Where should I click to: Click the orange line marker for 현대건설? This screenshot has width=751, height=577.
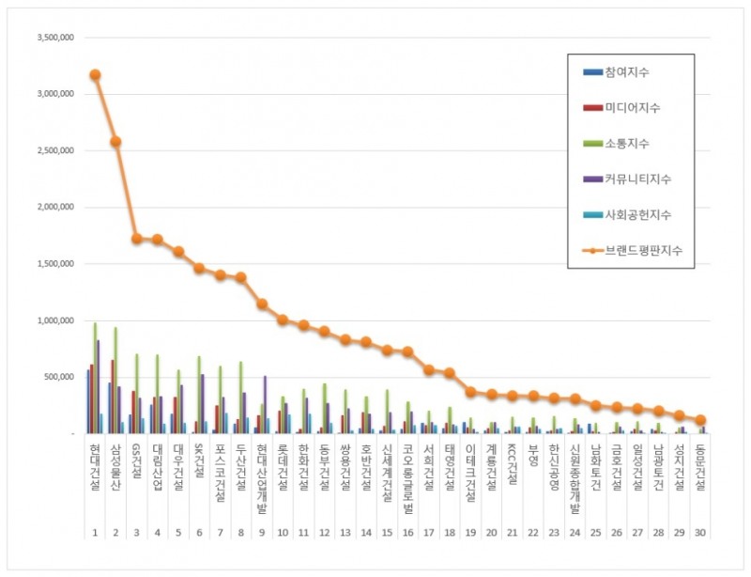[95, 74]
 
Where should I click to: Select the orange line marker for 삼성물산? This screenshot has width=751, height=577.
[115, 142]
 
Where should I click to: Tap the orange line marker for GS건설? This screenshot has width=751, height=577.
[136, 239]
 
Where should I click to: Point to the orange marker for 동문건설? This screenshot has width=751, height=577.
[699, 420]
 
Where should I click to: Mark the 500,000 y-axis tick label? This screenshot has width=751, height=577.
[59, 377]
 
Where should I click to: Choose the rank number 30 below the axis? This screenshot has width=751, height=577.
[699, 533]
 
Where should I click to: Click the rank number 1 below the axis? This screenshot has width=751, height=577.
[95, 533]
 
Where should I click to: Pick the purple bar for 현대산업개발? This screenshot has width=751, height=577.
[264, 405]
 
